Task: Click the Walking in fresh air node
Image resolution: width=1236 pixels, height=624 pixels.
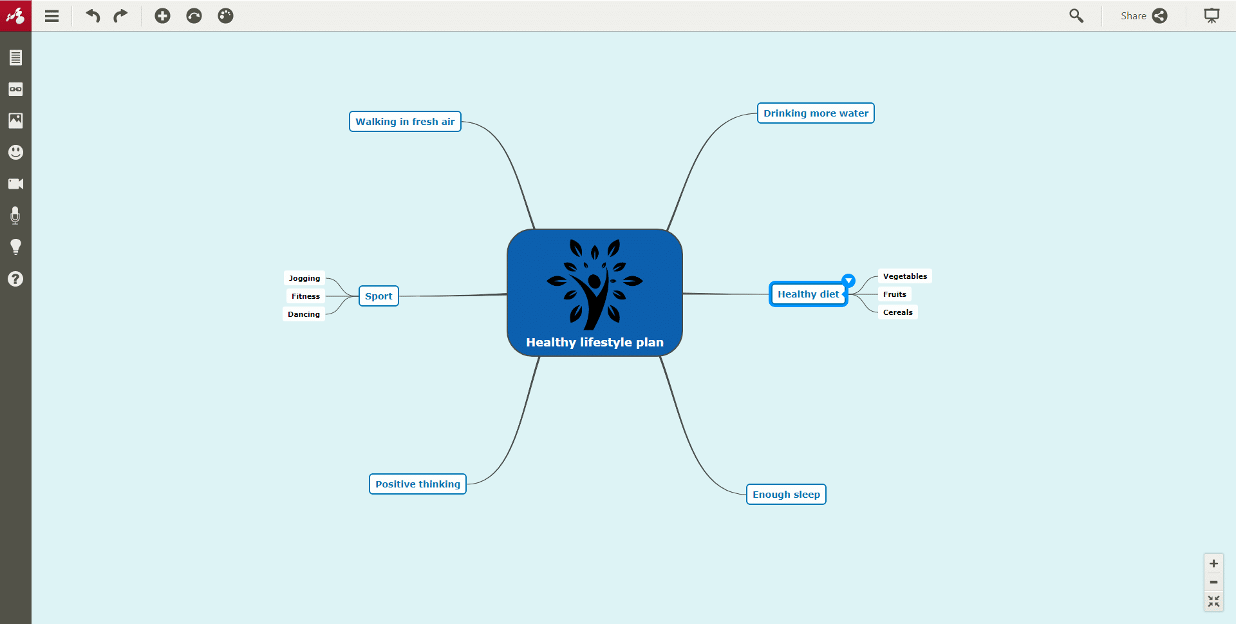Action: [405, 122]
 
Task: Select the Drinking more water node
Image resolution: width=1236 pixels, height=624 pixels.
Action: [816, 113]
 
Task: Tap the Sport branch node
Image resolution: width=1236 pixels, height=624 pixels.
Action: [379, 296]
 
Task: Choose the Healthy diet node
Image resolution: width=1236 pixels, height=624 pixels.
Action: [808, 294]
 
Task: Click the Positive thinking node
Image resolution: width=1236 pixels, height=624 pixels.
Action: [418, 484]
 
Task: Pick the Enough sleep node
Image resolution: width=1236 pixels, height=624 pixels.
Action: [786, 495]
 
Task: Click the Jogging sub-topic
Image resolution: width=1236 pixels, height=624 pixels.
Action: [304, 278]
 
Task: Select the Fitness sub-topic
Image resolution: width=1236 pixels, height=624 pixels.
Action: [306, 296]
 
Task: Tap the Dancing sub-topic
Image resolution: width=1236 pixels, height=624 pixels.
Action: [304, 314]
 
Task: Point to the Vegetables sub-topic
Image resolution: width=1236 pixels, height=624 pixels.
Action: [905, 276]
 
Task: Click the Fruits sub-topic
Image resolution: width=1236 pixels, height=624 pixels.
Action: [895, 294]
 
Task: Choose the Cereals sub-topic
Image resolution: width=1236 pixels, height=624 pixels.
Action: [898, 312]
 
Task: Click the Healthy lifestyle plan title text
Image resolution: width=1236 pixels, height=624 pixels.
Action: [595, 343]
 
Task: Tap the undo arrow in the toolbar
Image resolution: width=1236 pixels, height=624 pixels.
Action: [93, 16]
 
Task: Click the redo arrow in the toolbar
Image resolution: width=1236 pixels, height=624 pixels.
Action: [120, 16]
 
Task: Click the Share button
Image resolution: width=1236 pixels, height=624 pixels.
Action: [1143, 16]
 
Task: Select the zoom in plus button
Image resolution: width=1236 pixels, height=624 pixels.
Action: [1213, 563]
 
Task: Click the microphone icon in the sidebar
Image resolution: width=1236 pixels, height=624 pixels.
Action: [15, 216]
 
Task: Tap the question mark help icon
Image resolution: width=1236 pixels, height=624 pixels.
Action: [15, 279]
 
